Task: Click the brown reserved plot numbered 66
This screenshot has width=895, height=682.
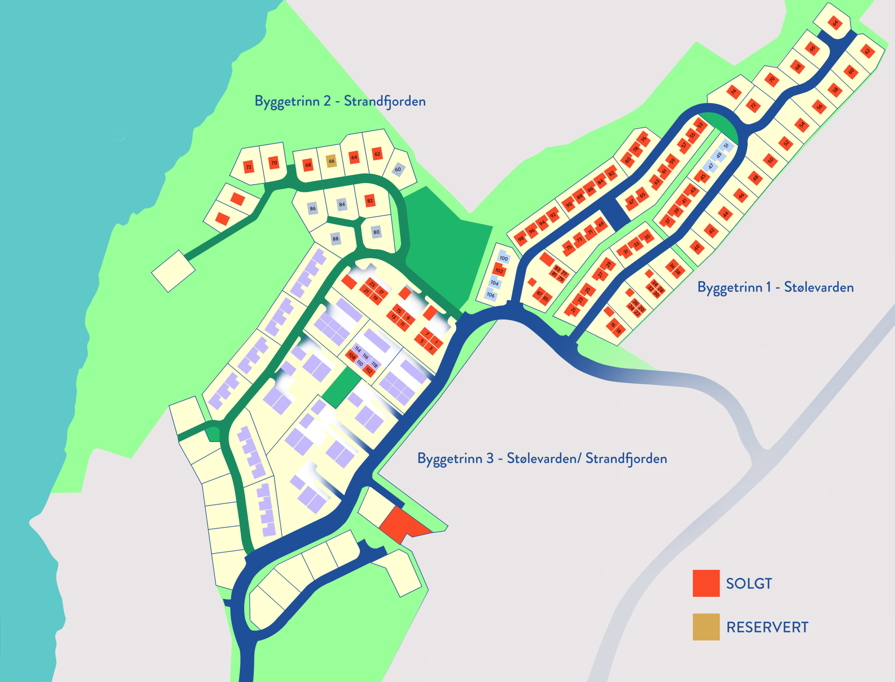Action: tap(332, 161)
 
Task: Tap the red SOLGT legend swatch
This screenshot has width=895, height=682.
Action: tap(706, 583)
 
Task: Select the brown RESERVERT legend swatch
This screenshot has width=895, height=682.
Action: tap(706, 627)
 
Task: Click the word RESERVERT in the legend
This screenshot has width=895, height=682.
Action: tap(767, 627)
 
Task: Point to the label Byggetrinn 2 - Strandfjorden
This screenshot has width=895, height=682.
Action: tap(340, 101)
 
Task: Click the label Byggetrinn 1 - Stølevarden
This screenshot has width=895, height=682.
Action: tap(775, 287)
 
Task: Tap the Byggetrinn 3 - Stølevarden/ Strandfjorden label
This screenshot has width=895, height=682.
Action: tap(542, 458)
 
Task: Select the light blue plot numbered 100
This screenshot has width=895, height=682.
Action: tap(504, 258)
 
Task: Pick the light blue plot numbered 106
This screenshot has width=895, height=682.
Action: tap(491, 295)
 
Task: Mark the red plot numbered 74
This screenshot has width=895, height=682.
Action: tap(733, 92)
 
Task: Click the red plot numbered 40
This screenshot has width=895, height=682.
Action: tap(697, 247)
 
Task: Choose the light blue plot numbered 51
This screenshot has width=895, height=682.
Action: tap(726, 145)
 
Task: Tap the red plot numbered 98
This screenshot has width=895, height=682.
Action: tap(521, 239)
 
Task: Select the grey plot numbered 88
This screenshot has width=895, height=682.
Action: tap(335, 239)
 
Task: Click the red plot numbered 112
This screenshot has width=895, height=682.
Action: tap(368, 370)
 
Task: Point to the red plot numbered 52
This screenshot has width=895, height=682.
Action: tap(786, 143)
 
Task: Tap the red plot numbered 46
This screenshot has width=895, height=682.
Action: tap(742, 196)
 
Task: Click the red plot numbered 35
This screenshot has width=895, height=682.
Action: tap(647, 237)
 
